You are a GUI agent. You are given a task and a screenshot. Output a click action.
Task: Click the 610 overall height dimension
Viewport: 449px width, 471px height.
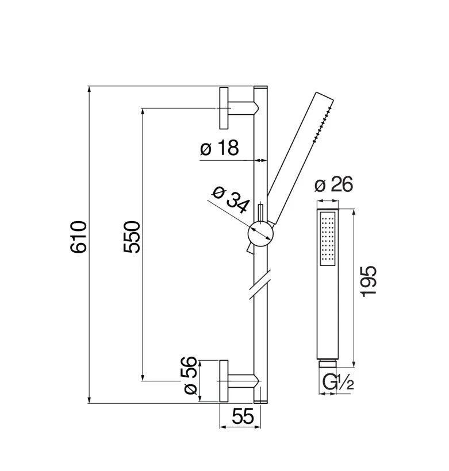79,237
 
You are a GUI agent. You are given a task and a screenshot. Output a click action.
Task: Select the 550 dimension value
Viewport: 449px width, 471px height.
132,237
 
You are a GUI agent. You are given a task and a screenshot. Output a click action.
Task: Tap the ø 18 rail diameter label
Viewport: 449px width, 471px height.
220,148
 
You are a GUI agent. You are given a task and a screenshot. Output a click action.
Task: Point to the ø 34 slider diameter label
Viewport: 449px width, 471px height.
231,199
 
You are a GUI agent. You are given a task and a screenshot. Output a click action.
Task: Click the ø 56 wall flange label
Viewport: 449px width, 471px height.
190,376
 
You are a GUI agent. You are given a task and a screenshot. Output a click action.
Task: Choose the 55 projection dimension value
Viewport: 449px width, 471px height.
243,416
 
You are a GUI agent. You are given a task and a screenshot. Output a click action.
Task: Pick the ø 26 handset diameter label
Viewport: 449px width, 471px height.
333,184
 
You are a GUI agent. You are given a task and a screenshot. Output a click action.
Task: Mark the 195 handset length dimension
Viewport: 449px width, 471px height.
369,281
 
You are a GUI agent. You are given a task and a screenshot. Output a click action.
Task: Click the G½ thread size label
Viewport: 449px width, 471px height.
337,382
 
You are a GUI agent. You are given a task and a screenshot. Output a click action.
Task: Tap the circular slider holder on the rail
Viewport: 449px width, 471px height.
260,233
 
